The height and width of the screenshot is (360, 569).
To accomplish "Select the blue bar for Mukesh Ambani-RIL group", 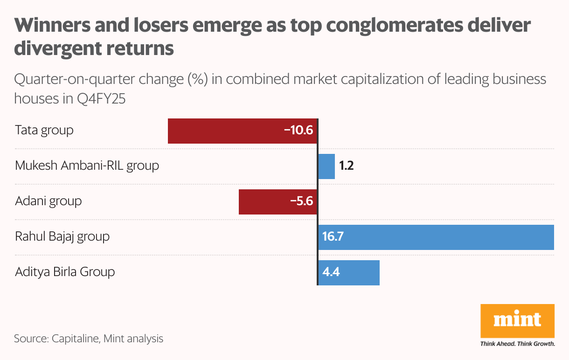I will pos(326,166).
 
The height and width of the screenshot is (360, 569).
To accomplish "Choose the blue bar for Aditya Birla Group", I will pos(359,273).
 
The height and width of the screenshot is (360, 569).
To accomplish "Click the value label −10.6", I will pos(298,130).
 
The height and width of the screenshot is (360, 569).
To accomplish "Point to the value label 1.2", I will pos(346,166).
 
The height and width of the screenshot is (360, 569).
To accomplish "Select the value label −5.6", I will pos(301,201).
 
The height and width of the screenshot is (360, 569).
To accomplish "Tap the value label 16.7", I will pos(333,237).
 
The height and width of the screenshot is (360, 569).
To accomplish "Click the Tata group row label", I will pos(44,130).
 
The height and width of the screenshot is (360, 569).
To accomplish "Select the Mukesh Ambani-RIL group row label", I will pos(87,166).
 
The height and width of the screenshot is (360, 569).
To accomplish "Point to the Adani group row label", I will pos(49,201).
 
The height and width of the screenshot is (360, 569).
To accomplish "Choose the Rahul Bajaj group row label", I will pos(62,236).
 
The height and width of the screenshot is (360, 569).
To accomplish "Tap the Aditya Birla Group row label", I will pos(65,272).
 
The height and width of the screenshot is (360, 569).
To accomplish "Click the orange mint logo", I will pos(517,321).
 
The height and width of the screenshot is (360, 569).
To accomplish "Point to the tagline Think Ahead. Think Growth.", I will pos(517,345).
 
